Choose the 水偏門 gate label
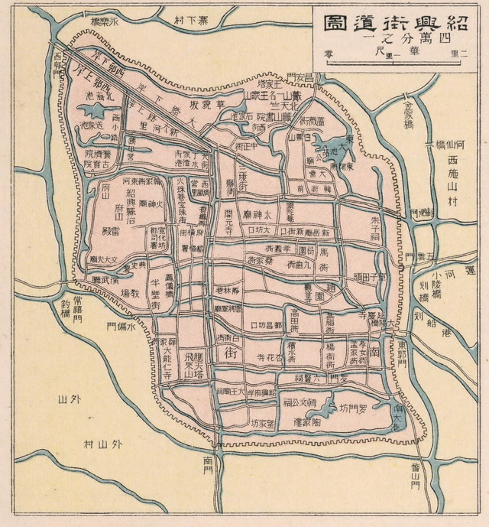[x=123, y=327]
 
